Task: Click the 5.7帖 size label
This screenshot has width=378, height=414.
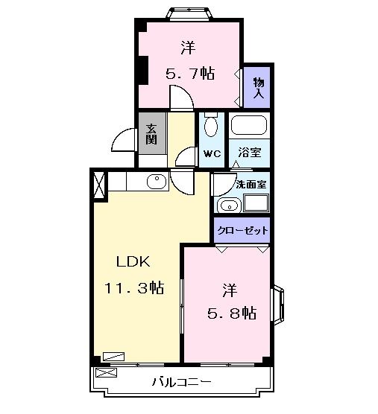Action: (190, 74)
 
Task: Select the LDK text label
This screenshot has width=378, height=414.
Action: (133, 262)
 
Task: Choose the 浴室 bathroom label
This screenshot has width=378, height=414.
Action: (248, 153)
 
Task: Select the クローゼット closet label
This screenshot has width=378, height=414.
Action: (242, 230)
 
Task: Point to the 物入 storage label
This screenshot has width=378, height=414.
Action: (258, 87)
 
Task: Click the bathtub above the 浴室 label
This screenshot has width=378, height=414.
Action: (249, 126)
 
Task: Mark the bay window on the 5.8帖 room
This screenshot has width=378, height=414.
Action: (277, 305)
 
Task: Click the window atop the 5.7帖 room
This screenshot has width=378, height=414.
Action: (189, 13)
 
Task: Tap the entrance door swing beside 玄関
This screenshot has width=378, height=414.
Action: (123, 138)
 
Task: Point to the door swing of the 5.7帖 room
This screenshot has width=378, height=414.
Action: (180, 98)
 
